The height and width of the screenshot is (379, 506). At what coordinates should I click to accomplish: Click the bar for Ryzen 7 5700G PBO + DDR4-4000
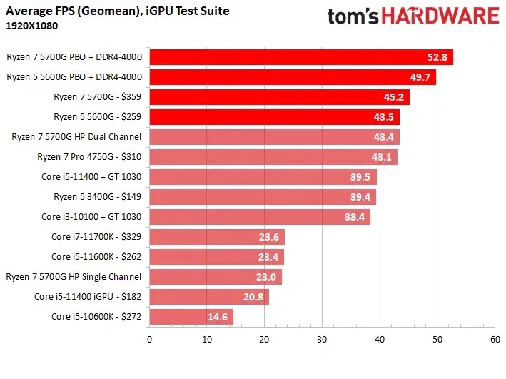(300, 57)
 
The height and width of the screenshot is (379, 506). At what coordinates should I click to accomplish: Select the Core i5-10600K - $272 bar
(191, 316)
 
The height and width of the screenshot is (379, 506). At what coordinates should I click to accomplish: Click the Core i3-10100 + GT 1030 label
(91, 216)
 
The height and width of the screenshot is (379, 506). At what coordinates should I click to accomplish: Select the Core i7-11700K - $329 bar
(216, 236)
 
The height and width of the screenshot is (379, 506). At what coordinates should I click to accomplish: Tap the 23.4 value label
(269, 256)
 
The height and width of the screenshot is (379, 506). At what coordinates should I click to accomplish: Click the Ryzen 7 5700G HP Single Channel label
(74, 276)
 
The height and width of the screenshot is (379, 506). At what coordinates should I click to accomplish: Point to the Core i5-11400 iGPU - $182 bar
(208, 296)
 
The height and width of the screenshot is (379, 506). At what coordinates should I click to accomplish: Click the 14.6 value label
(218, 316)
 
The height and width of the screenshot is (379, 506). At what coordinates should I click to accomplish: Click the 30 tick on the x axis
(322, 340)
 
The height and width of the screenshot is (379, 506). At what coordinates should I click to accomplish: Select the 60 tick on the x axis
(495, 340)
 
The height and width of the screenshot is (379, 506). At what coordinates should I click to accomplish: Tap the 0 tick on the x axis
(149, 340)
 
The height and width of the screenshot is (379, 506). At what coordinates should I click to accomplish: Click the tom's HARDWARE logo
(413, 16)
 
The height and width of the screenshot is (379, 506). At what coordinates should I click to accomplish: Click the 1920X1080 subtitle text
(32, 25)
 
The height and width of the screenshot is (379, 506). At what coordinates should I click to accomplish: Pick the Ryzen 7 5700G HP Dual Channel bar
(274, 136)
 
